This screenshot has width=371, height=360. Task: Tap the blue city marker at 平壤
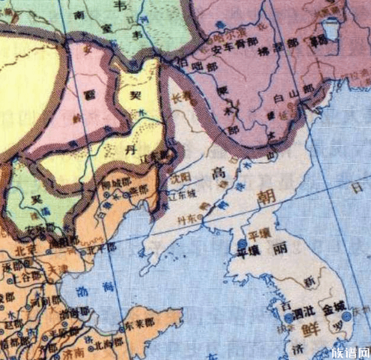point(241,244)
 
